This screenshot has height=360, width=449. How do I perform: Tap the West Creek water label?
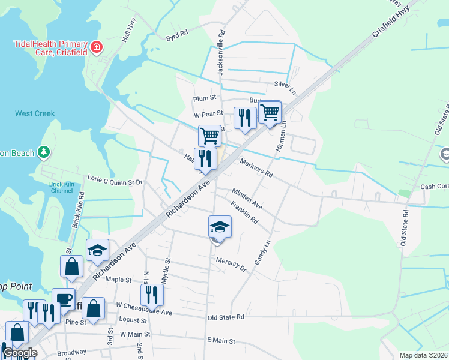click(x=35, y=113)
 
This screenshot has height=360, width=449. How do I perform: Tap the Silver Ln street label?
click(x=285, y=86)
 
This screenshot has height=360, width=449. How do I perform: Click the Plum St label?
click(x=204, y=98)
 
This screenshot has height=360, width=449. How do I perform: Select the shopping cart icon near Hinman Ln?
click(x=270, y=112)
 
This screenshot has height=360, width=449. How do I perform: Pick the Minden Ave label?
click(x=247, y=192)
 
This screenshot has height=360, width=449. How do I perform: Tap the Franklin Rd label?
click(x=244, y=213)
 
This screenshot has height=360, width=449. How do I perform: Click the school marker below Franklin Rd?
click(x=220, y=227)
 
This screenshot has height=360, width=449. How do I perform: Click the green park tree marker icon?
click(x=43, y=152)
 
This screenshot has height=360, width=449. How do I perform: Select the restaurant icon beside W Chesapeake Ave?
click(x=152, y=295)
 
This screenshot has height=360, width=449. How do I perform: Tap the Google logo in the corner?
click(x=20, y=353)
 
